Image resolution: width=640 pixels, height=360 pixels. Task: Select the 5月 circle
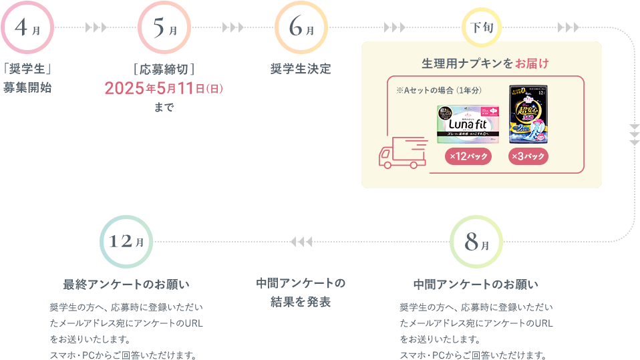[164, 28]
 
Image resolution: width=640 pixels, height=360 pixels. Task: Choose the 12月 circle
[126, 242]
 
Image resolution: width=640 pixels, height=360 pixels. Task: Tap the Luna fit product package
[468, 124]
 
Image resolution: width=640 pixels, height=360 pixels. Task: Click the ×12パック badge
[468, 156]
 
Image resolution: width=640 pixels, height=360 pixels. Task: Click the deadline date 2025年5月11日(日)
[164, 89]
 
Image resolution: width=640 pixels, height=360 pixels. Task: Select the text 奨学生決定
[301, 69]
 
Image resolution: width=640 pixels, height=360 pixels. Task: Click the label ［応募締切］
[164, 69]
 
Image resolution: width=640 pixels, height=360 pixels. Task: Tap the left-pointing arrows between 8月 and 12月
[301, 241]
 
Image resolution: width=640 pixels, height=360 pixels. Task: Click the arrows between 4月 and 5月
[96, 28]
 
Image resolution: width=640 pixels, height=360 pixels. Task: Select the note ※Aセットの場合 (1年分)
[439, 89]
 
